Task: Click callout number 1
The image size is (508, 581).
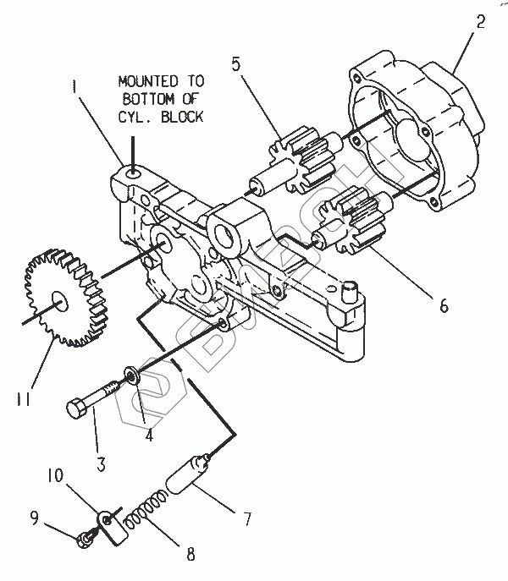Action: click(x=75, y=86)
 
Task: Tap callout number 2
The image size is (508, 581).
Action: click(x=480, y=21)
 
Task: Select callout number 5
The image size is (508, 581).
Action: click(x=235, y=63)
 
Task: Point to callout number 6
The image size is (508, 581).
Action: click(x=444, y=305)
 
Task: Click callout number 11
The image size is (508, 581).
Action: click(x=23, y=399)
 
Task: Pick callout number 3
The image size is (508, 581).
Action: click(x=101, y=464)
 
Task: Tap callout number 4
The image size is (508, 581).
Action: click(x=149, y=434)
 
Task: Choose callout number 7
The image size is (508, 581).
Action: click(x=247, y=518)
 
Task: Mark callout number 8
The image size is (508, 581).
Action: click(x=190, y=554)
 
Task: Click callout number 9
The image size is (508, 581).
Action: click(x=35, y=518)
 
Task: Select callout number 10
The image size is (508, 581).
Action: click(x=56, y=475)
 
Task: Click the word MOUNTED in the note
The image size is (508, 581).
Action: click(x=148, y=81)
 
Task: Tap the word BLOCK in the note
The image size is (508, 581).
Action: click(x=182, y=117)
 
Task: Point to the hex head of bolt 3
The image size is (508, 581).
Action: click(x=76, y=408)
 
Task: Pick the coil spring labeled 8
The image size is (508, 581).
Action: click(x=145, y=509)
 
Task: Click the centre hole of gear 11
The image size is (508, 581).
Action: click(x=59, y=301)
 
